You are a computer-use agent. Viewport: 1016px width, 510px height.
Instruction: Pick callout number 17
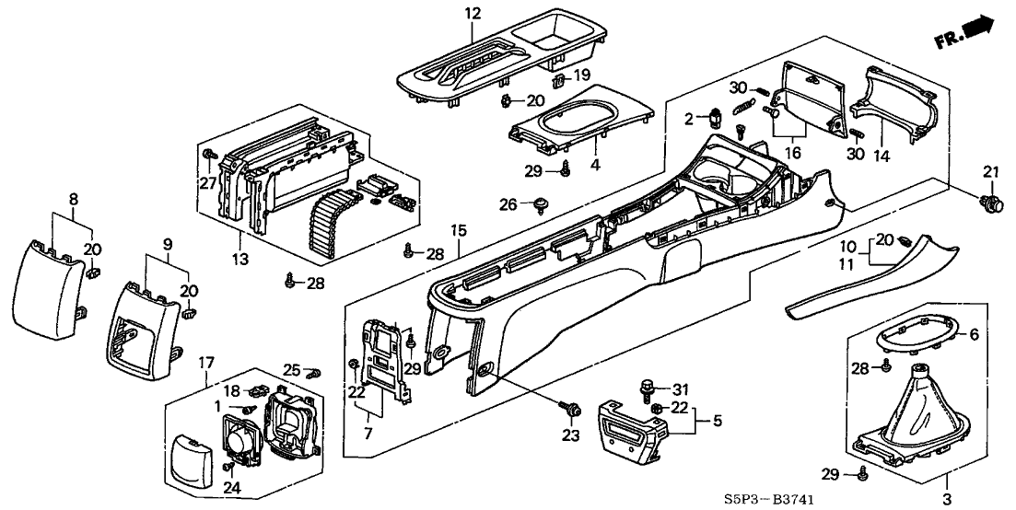[x=206, y=362]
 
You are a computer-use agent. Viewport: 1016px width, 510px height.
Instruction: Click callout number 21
[x=990, y=171]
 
